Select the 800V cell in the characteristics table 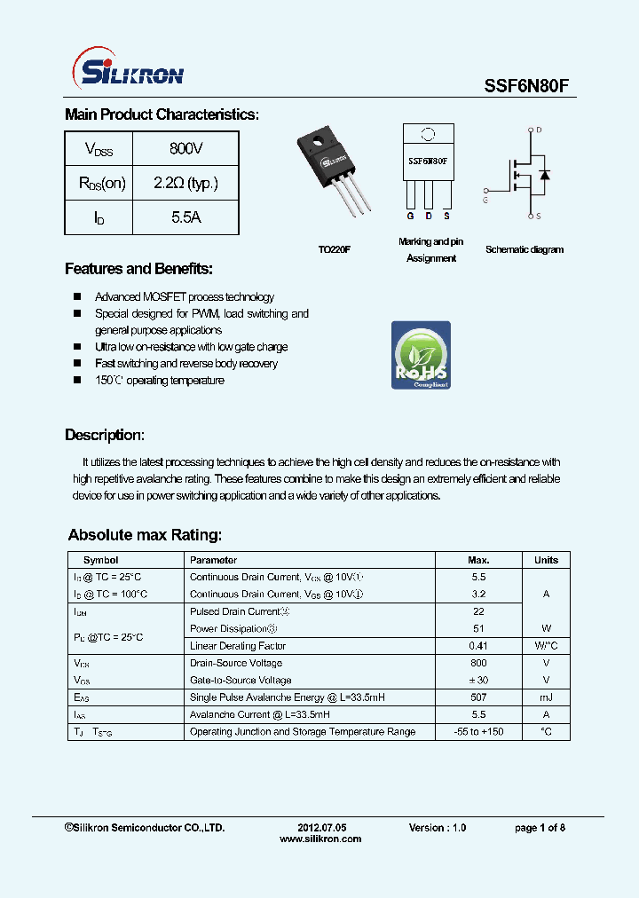tap(185, 148)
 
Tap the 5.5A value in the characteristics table tap(185, 217)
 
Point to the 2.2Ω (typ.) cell tap(185, 183)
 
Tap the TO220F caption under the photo tap(335, 250)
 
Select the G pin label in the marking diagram tap(410, 216)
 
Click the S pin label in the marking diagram tap(446, 216)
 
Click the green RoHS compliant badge tap(421, 355)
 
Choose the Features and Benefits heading tap(138, 269)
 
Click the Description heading tap(104, 435)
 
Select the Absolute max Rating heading tap(145, 535)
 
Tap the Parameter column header tap(214, 560)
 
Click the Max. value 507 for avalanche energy tap(478, 697)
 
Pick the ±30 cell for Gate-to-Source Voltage tap(478, 680)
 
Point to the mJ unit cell tap(546, 697)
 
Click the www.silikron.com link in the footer tap(320, 839)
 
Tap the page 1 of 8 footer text tap(540, 827)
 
